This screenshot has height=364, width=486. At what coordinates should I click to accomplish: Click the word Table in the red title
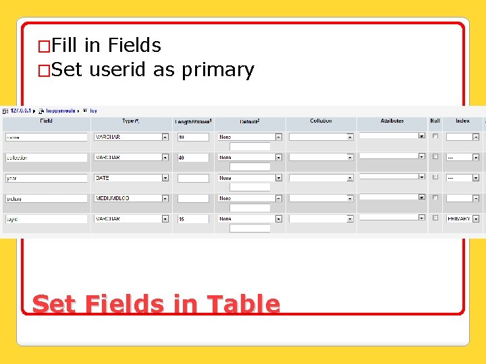242,305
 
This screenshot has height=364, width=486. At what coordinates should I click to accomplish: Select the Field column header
46,121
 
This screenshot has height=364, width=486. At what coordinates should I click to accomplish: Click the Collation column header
321,121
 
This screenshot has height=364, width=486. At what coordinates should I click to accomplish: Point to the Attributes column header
392,121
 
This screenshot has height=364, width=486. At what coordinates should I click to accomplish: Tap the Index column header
462,121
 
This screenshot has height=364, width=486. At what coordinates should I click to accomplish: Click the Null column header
435,121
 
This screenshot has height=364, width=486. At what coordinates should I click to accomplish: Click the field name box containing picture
46,199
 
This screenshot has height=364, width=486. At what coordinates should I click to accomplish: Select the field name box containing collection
46,158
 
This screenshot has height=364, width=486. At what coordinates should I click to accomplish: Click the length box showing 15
193,219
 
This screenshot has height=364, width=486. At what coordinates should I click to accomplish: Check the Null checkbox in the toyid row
435,218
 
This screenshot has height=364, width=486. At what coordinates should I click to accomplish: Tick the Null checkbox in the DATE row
435,177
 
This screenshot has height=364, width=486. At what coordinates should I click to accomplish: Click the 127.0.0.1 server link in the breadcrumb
22,111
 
